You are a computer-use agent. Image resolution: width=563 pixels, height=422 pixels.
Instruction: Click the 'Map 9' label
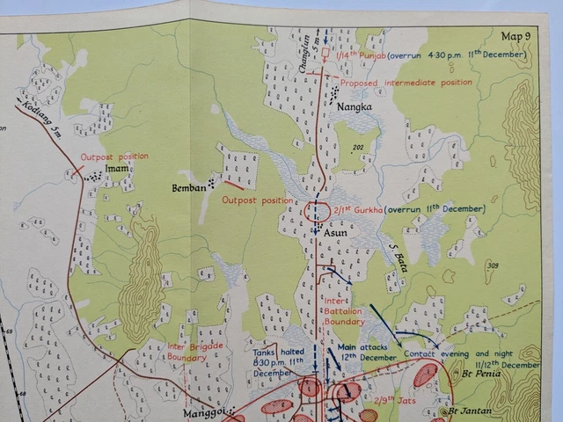(515, 36)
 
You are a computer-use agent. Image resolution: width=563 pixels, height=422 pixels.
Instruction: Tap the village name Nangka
(354, 106)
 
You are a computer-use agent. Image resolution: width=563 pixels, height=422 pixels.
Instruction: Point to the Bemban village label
(189, 187)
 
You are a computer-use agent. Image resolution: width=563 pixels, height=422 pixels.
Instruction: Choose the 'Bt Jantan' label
(469, 411)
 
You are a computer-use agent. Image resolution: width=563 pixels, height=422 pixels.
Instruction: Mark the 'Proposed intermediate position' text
(406, 83)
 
